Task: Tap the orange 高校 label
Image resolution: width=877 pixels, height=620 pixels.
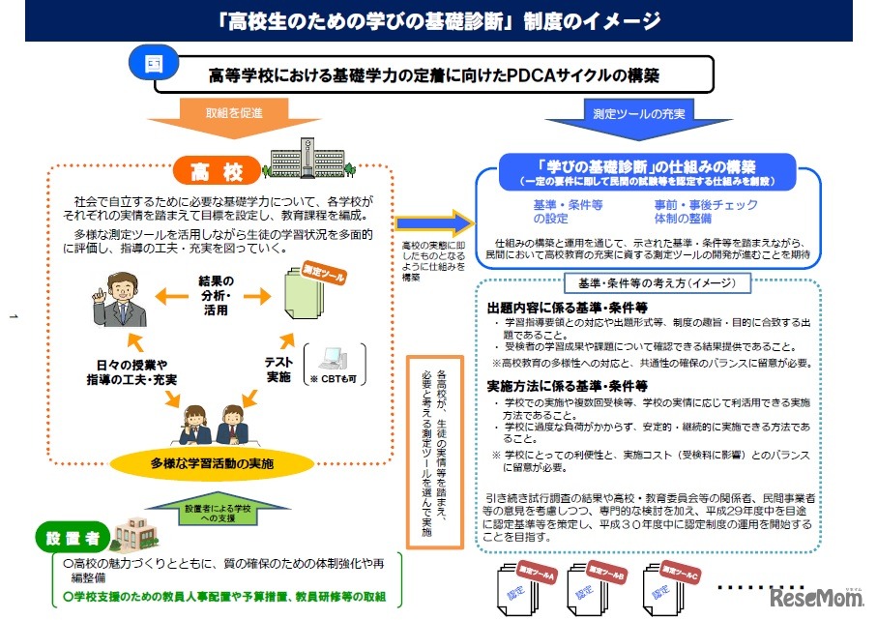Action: coord(216,172)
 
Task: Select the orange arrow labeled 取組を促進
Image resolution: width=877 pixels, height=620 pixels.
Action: coord(233,116)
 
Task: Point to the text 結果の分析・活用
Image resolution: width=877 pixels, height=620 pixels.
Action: coord(216,295)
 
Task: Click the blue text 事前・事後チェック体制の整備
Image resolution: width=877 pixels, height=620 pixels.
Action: coord(705,212)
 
